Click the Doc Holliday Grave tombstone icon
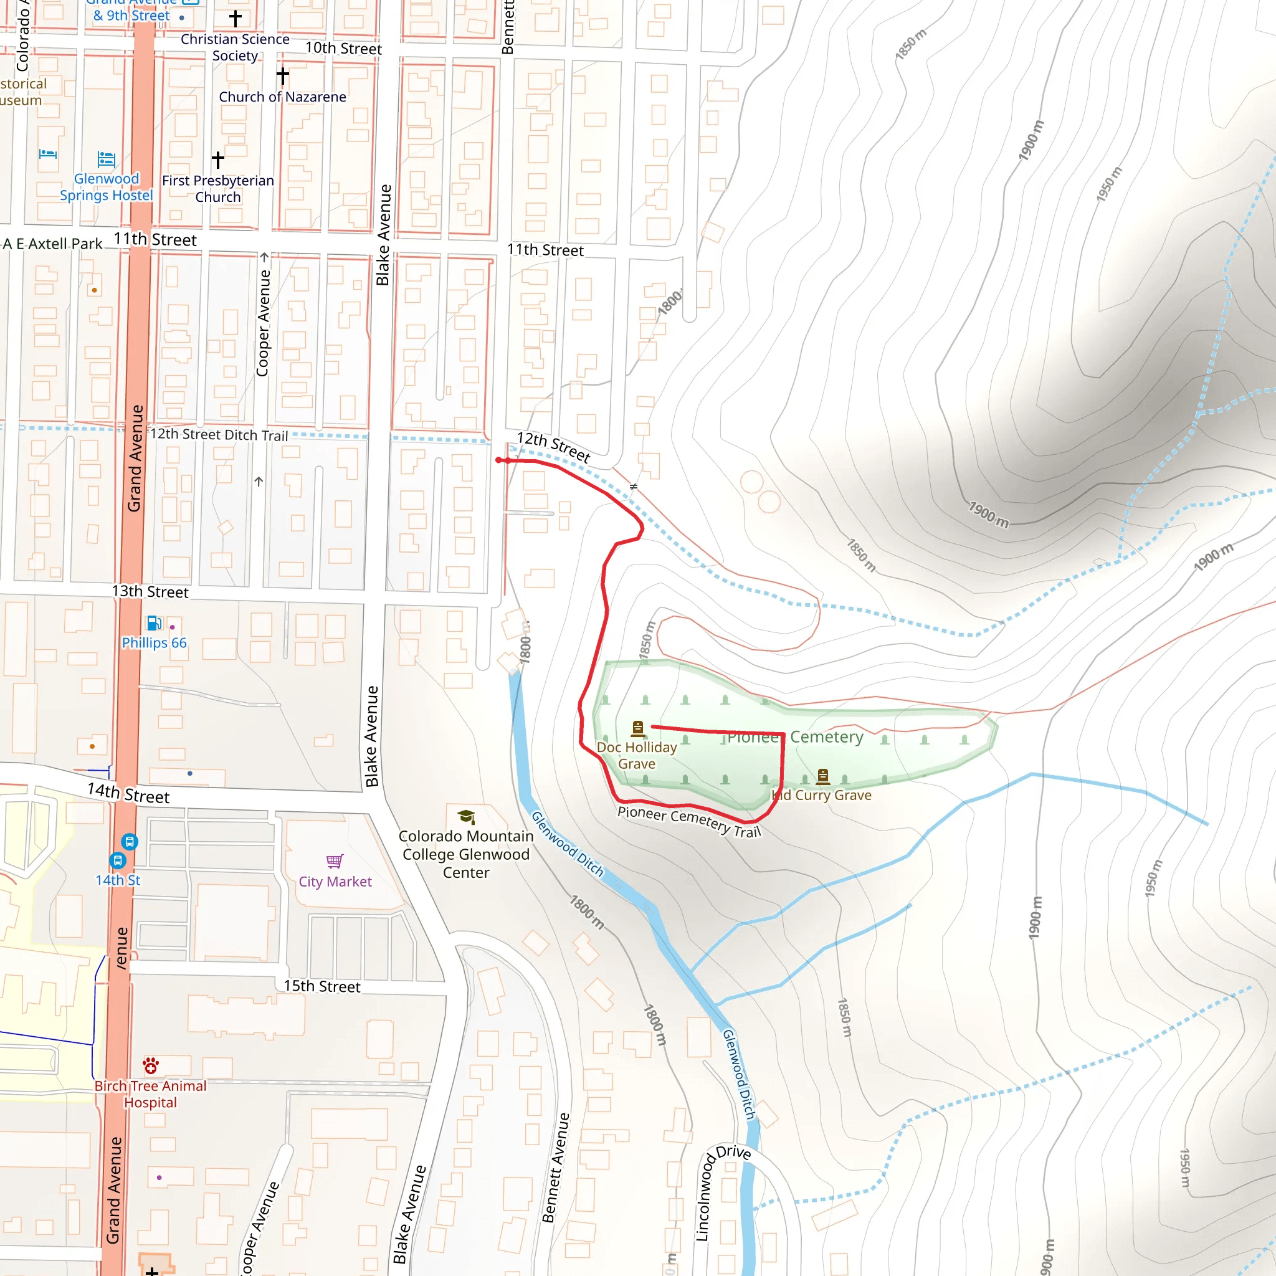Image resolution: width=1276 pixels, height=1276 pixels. (x=637, y=728)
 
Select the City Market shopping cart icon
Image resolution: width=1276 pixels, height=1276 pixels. (x=335, y=861)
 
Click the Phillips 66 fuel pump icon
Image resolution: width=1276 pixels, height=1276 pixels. (x=154, y=623)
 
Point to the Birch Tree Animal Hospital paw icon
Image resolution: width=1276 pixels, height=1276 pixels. (x=151, y=1065)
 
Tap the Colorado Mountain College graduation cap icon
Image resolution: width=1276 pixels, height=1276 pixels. (x=466, y=817)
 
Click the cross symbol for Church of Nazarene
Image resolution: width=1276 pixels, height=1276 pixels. (x=283, y=76)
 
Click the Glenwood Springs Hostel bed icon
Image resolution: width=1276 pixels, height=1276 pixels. (x=107, y=159)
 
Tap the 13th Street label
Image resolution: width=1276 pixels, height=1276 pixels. (x=150, y=591)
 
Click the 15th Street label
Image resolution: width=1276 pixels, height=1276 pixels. (x=321, y=986)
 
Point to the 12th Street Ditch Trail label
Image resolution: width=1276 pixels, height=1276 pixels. (x=219, y=435)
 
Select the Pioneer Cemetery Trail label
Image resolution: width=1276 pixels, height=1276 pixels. (x=689, y=821)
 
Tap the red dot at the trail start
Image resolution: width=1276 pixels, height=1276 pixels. (x=498, y=460)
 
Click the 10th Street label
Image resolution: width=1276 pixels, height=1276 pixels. (x=343, y=48)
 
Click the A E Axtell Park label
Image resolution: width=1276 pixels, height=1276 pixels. (x=53, y=244)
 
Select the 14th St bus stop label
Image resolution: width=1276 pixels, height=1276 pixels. (x=118, y=880)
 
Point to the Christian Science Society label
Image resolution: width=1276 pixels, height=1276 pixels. (x=235, y=47)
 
